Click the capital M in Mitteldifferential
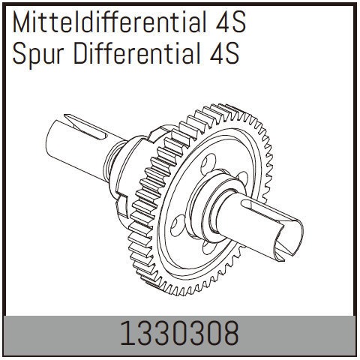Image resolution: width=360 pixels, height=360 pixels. (20, 24)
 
